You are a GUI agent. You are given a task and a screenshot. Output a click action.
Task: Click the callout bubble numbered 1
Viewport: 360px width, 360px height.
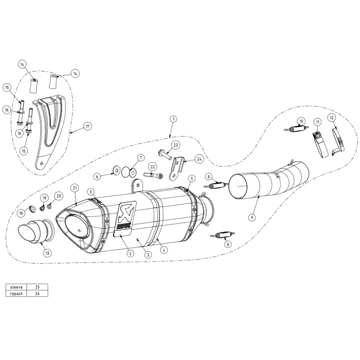pos(173,119)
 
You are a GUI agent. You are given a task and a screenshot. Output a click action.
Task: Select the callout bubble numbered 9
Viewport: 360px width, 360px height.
pos(252,217)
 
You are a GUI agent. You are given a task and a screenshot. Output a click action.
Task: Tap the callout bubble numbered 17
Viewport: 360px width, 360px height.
pos(88,126)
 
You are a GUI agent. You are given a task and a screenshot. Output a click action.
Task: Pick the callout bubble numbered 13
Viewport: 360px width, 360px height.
pos(47,253)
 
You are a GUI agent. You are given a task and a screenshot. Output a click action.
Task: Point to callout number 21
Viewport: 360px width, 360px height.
pos(75,188)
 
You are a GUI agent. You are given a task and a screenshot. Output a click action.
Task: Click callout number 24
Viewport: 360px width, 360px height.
pos(199,159)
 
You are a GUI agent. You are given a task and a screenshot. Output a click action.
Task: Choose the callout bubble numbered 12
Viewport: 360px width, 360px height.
pos(332,118)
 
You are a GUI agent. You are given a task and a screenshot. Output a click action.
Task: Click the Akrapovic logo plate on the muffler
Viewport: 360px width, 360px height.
pos(125,219)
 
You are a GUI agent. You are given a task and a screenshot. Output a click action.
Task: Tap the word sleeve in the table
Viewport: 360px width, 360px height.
pos(16,287)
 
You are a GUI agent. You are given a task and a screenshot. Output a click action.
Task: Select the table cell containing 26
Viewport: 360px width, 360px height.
pos(37,293)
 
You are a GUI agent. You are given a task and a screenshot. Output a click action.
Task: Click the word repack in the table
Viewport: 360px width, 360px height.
pos(16,294)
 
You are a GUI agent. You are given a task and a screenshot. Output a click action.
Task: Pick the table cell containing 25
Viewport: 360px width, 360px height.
pos(37,287)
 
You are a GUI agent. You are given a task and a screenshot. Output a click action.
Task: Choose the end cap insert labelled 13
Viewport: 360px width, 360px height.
pos(36,231)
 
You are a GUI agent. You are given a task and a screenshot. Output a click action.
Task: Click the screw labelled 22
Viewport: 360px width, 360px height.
pos(153,175)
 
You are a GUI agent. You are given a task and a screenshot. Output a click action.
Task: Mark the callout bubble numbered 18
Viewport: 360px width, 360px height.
pos(21,213)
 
